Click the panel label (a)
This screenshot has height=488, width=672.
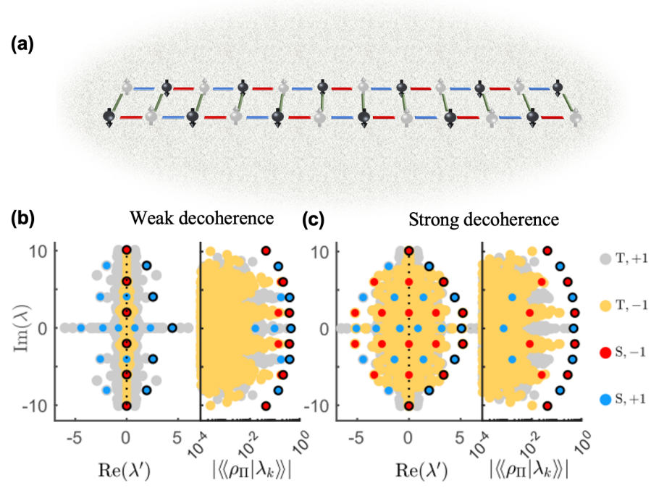22,44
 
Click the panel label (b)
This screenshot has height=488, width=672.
22,217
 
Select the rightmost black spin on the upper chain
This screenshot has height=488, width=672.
558,88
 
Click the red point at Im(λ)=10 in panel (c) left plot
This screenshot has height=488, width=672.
409,251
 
